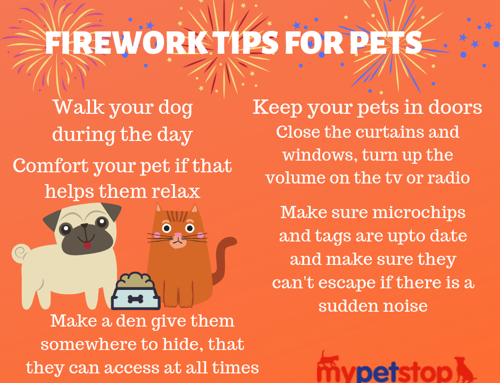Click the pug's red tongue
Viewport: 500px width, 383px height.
click(x=87, y=245)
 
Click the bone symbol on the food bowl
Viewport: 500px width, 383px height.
click(x=136, y=299)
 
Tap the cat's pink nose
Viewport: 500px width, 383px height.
click(x=178, y=236)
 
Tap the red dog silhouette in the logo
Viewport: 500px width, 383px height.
click(x=465, y=369)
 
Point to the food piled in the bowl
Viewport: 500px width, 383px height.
click(x=135, y=280)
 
